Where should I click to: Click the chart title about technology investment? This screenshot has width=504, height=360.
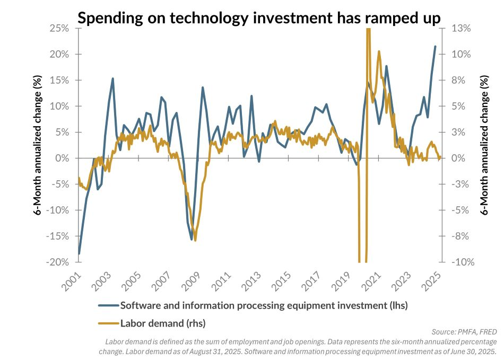click(x=259, y=17)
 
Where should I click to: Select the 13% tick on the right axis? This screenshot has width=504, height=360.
click(x=461, y=28)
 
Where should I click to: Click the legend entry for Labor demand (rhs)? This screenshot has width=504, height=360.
click(x=163, y=322)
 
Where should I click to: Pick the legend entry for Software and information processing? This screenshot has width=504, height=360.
click(x=264, y=305)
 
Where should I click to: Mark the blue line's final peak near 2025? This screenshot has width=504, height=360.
click(x=436, y=46)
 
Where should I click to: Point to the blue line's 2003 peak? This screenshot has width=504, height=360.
click(x=113, y=78)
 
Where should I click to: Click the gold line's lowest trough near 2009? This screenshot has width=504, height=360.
click(x=195, y=240)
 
